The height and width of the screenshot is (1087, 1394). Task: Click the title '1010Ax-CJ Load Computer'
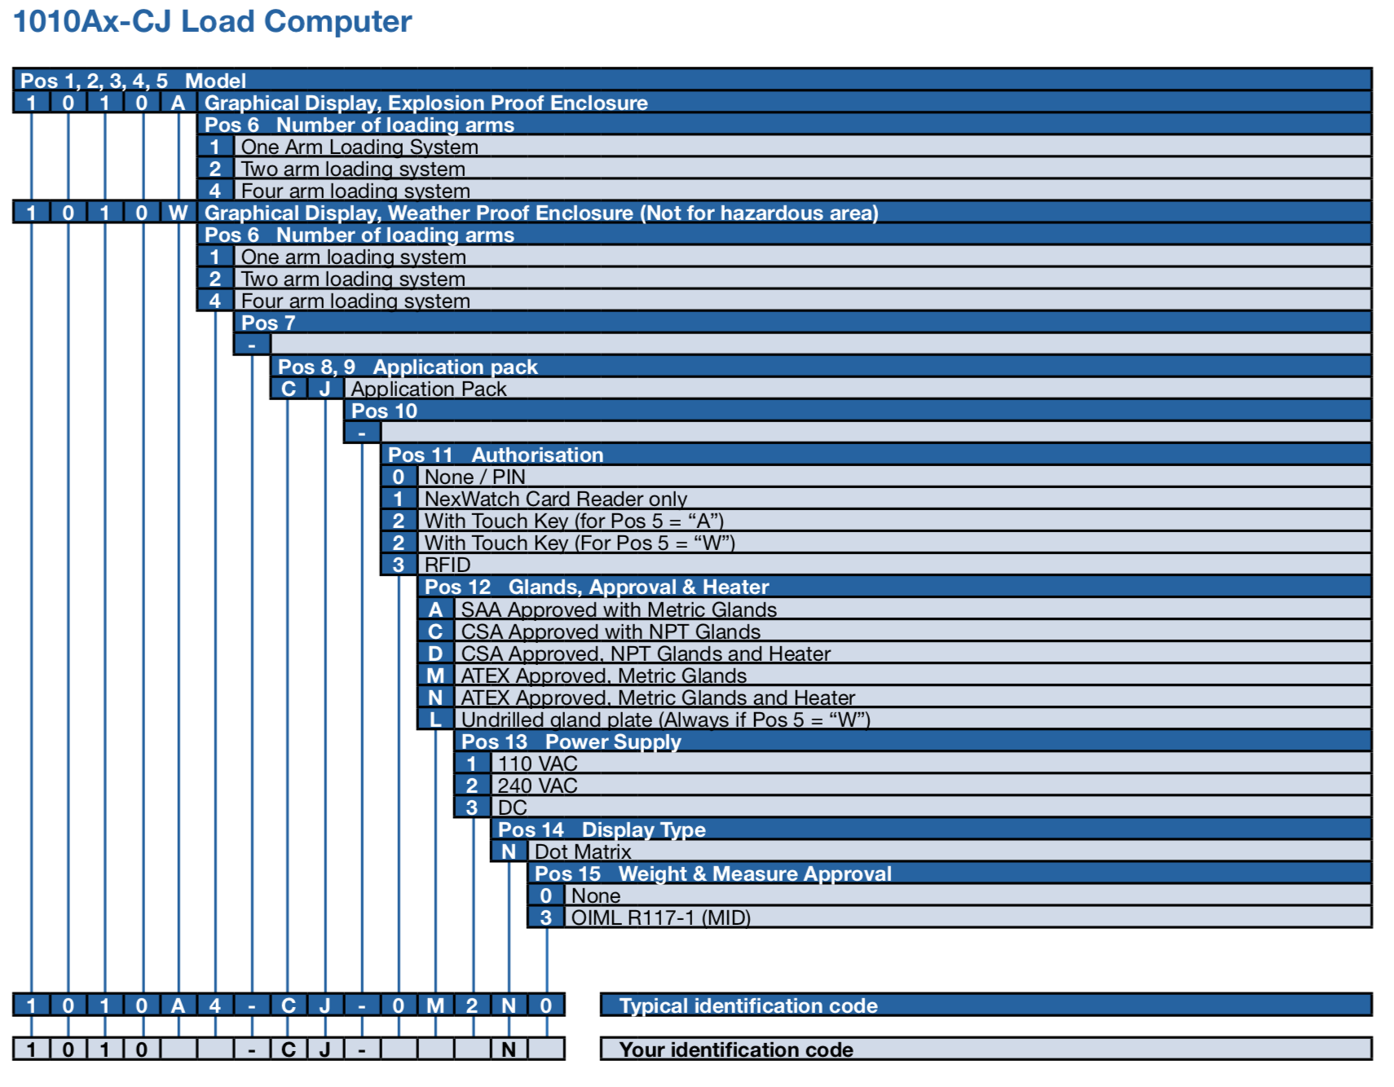213,22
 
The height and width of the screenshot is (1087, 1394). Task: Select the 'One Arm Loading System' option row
360,147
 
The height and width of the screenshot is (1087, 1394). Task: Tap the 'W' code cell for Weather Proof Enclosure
178,213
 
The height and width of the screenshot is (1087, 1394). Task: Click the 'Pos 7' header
268,323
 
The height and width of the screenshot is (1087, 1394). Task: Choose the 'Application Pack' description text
429,389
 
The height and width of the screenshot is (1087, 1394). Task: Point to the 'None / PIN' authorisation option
474,477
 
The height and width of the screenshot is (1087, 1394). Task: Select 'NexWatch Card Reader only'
555,499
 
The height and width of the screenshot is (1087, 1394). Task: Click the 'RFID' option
448,565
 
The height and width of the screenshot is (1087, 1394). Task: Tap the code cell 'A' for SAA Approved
435,610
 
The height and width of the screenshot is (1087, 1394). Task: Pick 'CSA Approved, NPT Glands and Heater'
646,654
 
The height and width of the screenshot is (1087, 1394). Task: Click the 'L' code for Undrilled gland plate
435,720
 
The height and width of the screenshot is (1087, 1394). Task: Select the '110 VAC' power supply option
537,764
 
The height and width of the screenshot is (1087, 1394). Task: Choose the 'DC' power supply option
513,808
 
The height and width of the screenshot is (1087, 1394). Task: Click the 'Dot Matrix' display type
583,852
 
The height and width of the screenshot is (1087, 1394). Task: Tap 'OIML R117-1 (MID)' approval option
660,918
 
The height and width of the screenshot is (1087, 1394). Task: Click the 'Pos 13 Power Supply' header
571,742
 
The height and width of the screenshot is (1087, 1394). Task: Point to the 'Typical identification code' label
748,1006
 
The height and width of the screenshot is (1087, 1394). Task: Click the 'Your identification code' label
736,1050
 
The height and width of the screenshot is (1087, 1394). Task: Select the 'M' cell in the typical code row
435,1006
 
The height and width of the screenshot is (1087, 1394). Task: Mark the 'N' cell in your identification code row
509,1050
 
